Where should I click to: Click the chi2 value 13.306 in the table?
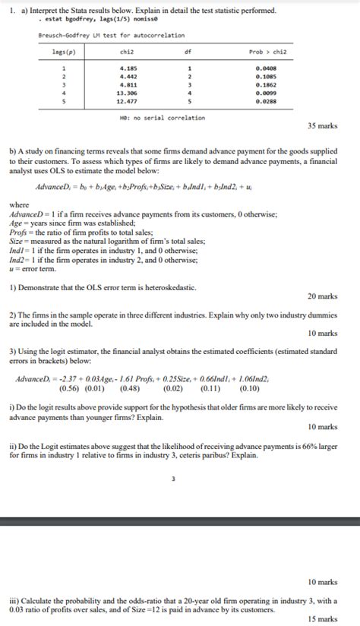tap(129, 92)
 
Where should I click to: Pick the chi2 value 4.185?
tap(128, 68)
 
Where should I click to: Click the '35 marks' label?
tap(322, 125)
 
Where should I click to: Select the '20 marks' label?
tap(322, 296)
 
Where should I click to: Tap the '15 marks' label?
tap(322, 619)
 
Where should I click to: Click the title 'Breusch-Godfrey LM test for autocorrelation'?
tap(111, 35)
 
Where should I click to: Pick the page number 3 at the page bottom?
tap(174, 479)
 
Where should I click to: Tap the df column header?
tap(188, 52)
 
